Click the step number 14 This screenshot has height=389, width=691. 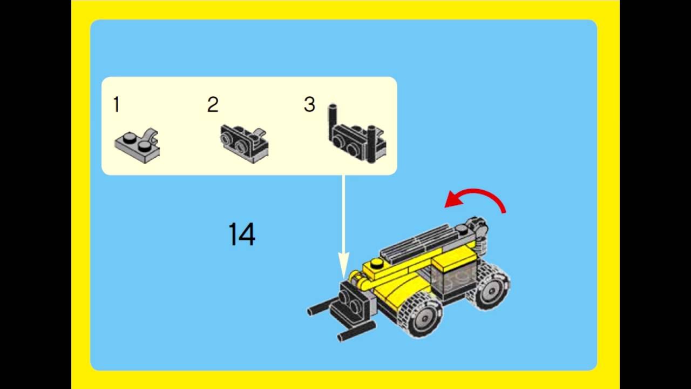click(x=241, y=234)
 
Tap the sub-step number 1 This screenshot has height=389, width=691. click(x=116, y=104)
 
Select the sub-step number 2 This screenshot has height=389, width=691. click(x=213, y=104)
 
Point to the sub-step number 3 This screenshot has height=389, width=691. click(x=309, y=104)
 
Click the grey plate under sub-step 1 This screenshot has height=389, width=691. click(x=134, y=146)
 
